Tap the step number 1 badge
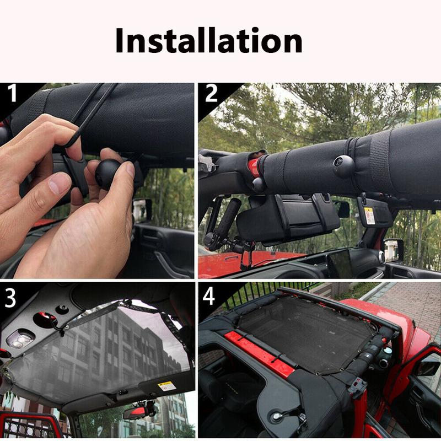pyautogui.click(x=12, y=94)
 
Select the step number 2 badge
pyautogui.click(x=211, y=94)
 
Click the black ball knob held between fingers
pyautogui.click(x=109, y=171)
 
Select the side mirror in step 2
pyautogui.click(x=394, y=250)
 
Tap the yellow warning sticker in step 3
pyautogui.click(x=167, y=385)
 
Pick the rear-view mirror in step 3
pyautogui.click(x=138, y=411)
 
